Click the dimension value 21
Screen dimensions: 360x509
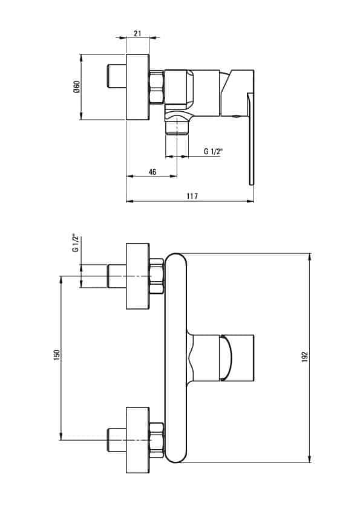[137, 33]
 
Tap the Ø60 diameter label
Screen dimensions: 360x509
[77, 86]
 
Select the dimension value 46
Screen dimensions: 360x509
[152, 172]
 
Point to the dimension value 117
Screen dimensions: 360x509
[192, 196]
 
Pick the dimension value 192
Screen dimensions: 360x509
[304, 357]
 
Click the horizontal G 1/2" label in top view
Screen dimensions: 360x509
[213, 151]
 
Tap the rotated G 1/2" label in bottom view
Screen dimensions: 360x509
[76, 243]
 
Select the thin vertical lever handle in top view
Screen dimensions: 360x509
[250, 139]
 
